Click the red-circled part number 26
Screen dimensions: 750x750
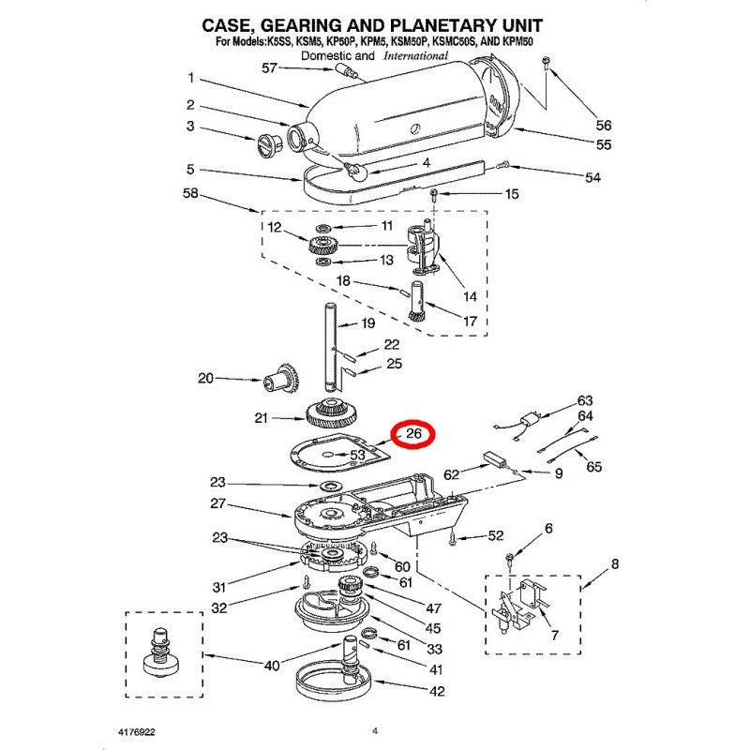[413, 434]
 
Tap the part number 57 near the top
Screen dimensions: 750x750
[270, 68]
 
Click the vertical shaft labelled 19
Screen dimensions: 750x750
[331, 347]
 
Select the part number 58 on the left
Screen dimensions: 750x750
[191, 193]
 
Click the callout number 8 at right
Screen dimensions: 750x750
[615, 564]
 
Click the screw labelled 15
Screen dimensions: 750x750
[434, 195]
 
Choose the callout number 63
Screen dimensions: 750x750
[585, 400]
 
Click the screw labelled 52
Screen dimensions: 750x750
[452, 537]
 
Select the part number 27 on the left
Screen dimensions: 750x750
[218, 504]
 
